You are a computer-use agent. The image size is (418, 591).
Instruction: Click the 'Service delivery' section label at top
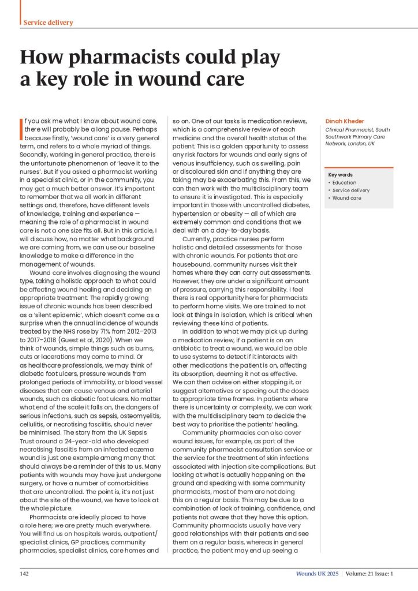48,23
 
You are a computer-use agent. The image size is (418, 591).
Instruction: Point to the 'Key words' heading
340,175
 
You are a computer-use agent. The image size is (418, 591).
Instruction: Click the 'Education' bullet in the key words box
344,183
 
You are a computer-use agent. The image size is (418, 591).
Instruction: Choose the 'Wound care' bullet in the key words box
346,198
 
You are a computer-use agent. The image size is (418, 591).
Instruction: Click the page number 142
25,574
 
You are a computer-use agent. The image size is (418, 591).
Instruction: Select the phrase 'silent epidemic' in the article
55,267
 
